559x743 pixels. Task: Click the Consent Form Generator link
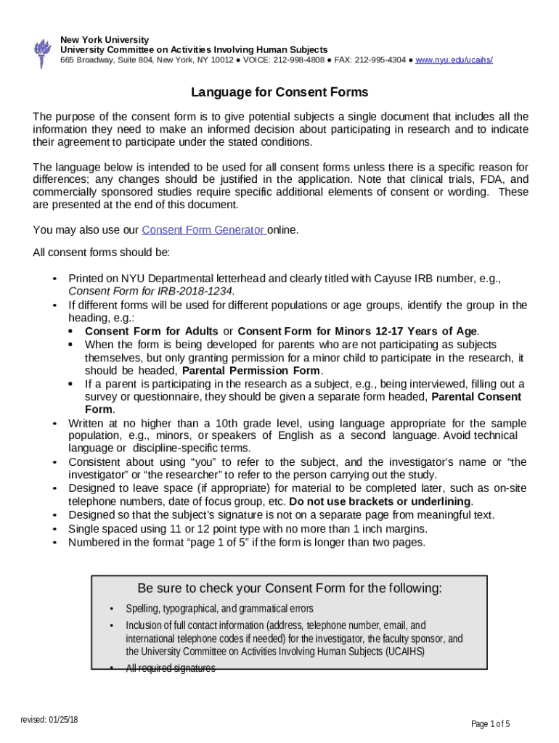(203, 230)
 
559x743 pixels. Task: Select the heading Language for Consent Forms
(279, 92)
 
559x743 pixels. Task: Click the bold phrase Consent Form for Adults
(151, 331)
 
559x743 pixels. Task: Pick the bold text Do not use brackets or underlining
(380, 501)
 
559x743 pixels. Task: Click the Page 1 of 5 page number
(491, 723)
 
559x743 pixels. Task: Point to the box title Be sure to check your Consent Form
(289, 588)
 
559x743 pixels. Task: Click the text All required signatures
(171, 668)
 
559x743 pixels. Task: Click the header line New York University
(105, 39)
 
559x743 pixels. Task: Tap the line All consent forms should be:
(102, 253)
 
